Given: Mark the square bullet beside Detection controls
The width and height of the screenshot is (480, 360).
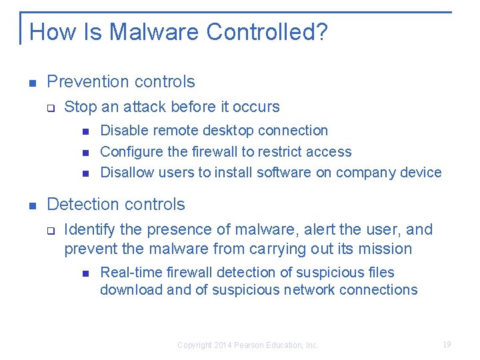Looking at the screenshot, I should point(32,205).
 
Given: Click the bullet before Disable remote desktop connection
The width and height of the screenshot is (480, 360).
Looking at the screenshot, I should point(85,131).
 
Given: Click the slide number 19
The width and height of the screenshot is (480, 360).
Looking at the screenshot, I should point(447,344).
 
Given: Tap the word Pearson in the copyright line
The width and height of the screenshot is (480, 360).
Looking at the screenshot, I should point(251,345).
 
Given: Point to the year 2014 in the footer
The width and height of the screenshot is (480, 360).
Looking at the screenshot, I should point(223,345).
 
